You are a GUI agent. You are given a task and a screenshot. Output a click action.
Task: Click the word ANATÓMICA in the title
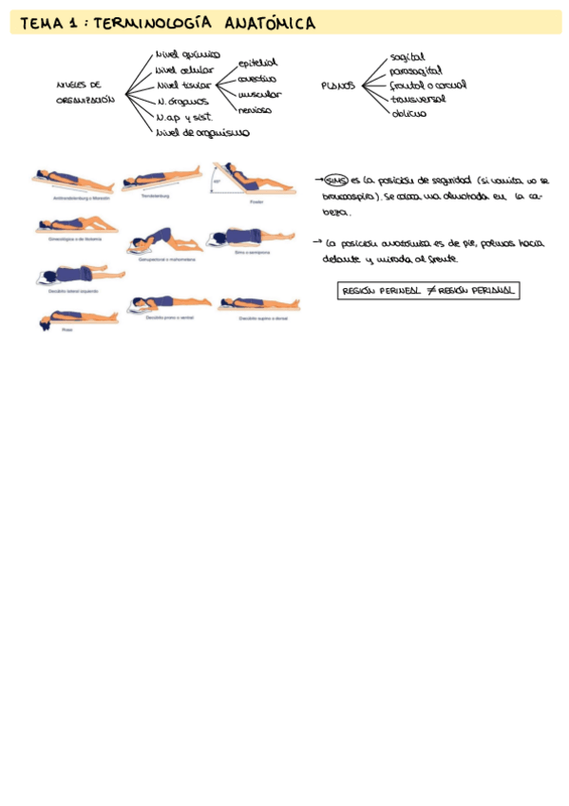coord(271,24)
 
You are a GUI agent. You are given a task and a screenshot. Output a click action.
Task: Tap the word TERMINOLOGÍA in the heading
coord(155,24)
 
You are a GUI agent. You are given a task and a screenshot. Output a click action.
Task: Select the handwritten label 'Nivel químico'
coord(188,55)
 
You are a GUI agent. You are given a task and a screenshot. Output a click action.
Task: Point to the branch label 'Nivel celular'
coord(185,69)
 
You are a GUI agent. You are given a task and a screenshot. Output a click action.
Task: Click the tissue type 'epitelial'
coord(257,63)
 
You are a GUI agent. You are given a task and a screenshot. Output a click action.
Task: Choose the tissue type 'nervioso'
coord(255,109)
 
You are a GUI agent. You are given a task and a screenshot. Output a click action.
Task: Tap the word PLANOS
coord(338,86)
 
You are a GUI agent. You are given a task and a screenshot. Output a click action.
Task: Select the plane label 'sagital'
coord(408,57)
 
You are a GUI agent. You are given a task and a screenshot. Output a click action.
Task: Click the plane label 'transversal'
coord(418,99)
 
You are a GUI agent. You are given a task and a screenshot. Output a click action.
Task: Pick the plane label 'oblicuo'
coord(408,113)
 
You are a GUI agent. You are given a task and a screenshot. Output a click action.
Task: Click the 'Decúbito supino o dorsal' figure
coord(258,304)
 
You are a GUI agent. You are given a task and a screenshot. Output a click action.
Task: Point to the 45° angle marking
coord(218,180)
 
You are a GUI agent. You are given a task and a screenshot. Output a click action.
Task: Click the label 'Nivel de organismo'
coord(202,133)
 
